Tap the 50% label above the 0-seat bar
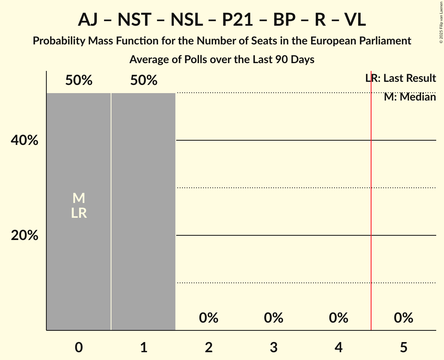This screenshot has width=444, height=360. click(79, 81)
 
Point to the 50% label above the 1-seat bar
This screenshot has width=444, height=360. click(143, 81)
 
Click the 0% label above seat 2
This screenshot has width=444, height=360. click(209, 318)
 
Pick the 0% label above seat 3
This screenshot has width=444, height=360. click(274, 318)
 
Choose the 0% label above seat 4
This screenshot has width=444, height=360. click(338, 318)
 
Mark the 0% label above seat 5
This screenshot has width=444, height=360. click(403, 318)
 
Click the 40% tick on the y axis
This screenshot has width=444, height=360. click(25, 140)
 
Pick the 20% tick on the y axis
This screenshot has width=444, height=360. click(25, 235)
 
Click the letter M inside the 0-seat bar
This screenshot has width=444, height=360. click(79, 198)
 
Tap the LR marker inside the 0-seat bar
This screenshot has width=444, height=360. click(79, 213)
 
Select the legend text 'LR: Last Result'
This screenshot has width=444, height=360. click(401, 78)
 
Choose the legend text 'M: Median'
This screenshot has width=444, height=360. click(410, 97)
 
